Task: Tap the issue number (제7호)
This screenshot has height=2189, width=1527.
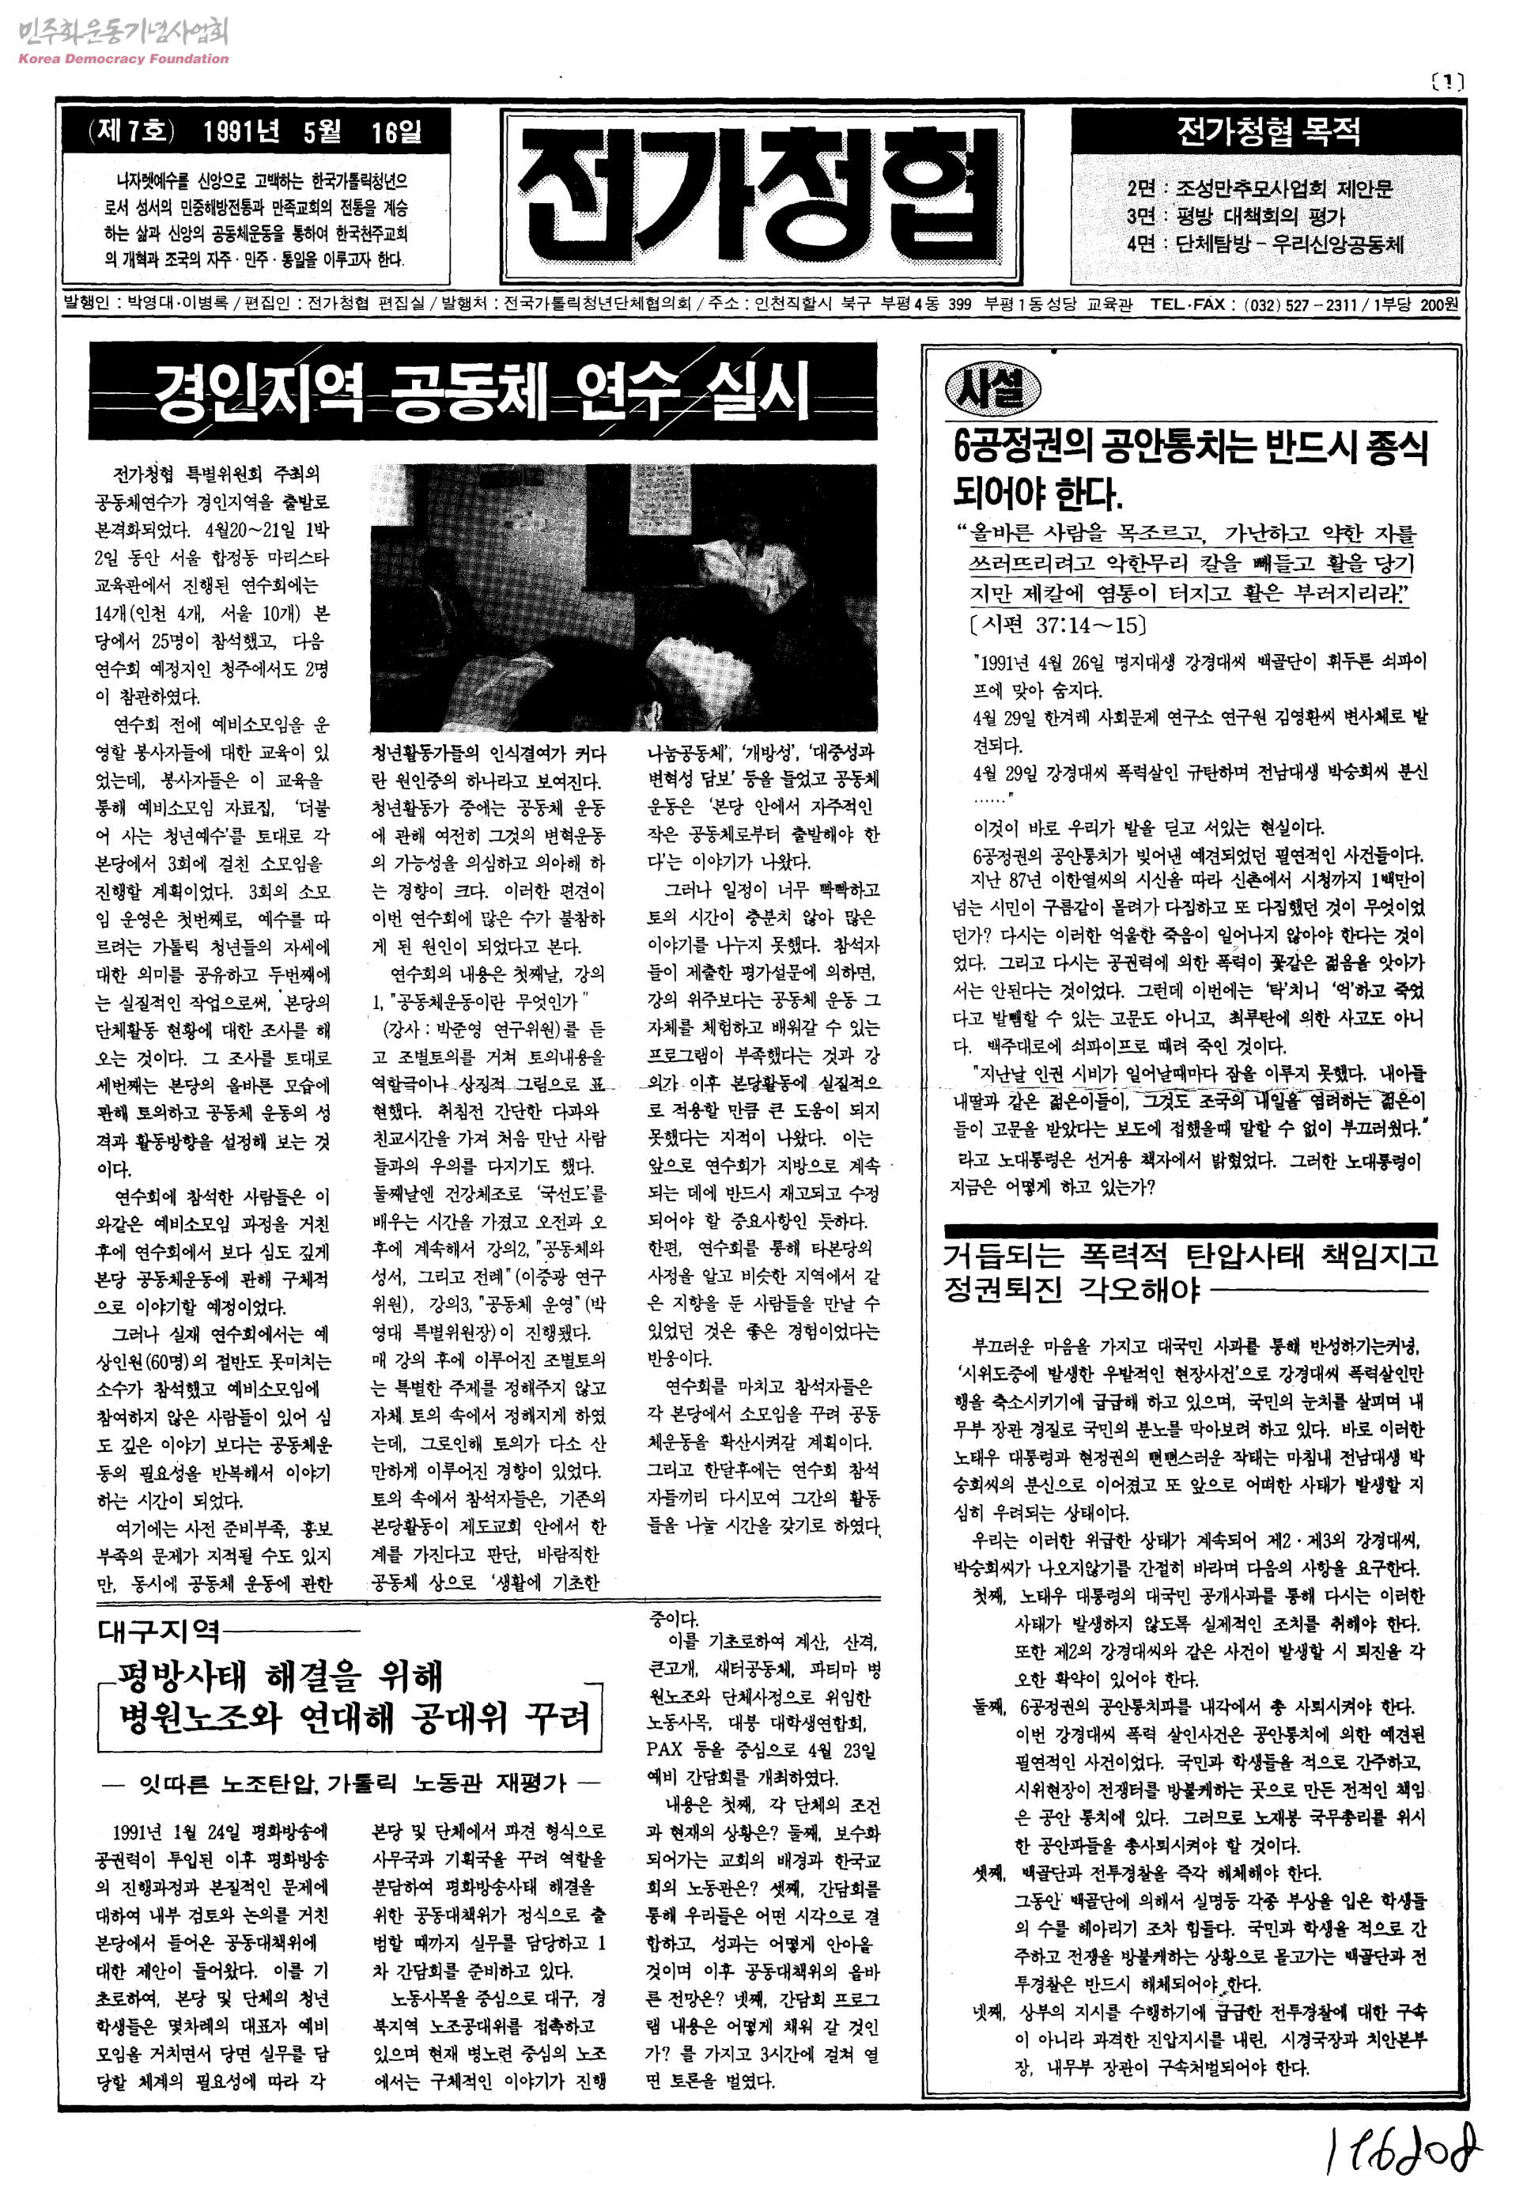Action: pos(131,130)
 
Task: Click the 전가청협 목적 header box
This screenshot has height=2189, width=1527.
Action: pos(1267,130)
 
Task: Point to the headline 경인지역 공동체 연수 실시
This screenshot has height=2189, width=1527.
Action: pos(482,391)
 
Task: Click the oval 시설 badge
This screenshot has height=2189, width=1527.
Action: pos(992,389)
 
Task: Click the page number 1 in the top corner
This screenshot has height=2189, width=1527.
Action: pos(1448,82)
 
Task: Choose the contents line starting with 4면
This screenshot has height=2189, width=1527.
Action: pos(1264,244)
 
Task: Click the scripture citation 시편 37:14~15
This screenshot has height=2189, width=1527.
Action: pos(1057,625)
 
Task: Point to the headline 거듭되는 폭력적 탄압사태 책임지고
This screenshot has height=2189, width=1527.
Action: pos(1189,1256)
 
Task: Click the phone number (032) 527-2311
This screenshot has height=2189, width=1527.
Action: pos(1300,304)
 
